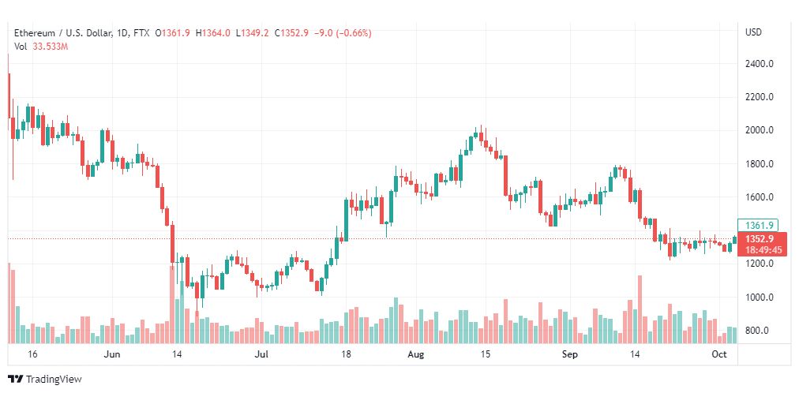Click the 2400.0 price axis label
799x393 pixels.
(758, 64)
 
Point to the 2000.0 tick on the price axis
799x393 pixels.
(758, 130)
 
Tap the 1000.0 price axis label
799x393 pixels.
(758, 298)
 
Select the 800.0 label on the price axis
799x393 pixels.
(760, 331)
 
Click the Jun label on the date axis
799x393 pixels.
(111, 355)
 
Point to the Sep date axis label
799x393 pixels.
(570, 355)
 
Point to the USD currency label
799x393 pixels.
(753, 32)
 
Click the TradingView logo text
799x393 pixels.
(53, 380)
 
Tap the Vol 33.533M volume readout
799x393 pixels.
(42, 47)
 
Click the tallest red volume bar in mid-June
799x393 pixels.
(171, 304)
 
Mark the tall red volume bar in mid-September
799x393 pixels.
(639, 309)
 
